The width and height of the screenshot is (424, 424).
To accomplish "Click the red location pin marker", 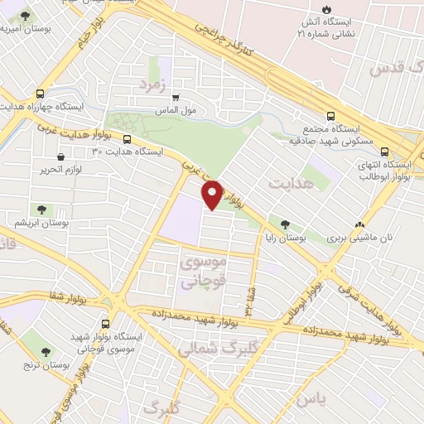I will (213, 195).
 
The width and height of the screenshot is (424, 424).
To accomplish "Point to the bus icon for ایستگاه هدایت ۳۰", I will (127, 139).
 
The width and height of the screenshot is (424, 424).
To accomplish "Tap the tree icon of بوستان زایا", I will (286, 224).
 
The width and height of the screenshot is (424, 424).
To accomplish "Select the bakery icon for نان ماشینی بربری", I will (359, 224).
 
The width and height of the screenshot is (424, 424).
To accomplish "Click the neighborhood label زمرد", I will (154, 85).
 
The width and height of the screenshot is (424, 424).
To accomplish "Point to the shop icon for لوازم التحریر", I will (60, 156).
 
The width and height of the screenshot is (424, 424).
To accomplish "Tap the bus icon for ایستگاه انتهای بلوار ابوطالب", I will (384, 151).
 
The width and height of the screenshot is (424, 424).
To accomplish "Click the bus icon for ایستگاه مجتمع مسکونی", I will (331, 116).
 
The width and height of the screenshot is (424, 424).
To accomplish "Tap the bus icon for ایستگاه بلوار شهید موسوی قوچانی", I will (105, 324).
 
